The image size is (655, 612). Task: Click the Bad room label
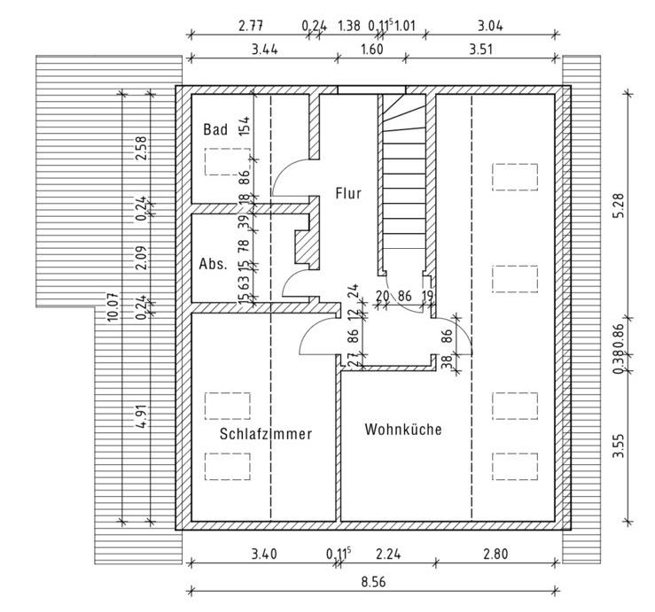(x=215, y=129)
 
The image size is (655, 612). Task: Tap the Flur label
(x=348, y=193)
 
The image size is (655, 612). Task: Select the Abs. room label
(x=213, y=264)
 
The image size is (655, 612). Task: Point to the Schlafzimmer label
(x=266, y=434)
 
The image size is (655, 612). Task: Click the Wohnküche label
(x=403, y=430)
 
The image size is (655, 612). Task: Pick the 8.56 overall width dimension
(x=373, y=582)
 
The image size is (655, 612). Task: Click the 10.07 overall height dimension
(x=113, y=306)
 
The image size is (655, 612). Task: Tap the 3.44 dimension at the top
(x=265, y=50)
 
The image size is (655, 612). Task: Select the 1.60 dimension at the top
(x=371, y=50)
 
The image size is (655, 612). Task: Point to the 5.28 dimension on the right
(x=619, y=205)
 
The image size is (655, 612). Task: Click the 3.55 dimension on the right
(x=619, y=445)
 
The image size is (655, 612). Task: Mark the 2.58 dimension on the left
(x=142, y=148)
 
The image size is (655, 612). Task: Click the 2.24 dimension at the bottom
(x=388, y=554)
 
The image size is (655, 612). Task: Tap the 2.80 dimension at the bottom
(x=495, y=554)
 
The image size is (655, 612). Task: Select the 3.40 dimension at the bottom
(x=264, y=554)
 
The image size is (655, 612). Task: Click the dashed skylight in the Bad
(x=227, y=161)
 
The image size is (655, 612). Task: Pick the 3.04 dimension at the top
(x=490, y=26)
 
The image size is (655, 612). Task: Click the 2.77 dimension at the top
(x=251, y=26)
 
